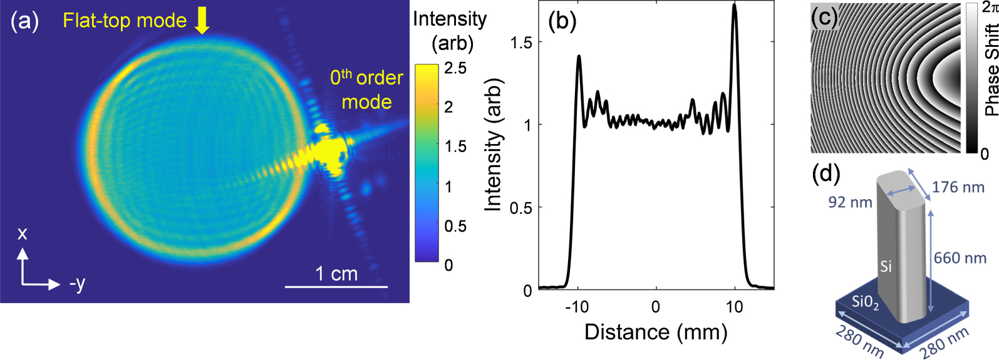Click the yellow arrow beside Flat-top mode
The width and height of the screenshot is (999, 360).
click(202, 20)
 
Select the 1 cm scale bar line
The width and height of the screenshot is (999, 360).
click(336, 287)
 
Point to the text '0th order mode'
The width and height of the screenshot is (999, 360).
click(366, 90)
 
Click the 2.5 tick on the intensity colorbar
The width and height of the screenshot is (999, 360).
click(455, 68)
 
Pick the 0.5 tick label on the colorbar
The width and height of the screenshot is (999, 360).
click(455, 226)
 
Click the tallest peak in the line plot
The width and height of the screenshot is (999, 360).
click(735, 6)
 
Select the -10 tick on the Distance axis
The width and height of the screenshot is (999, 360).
click(576, 307)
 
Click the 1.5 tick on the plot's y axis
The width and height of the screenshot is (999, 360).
click(521, 43)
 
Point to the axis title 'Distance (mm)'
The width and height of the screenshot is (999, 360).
click(656, 332)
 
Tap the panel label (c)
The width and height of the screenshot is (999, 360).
click(825, 17)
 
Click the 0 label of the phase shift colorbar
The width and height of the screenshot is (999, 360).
click(984, 153)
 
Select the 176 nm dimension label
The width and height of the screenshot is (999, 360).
click(958, 187)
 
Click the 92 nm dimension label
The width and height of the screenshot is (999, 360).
click(850, 202)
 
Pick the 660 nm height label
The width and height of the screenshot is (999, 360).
click(960, 258)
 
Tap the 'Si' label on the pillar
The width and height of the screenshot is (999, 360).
click(886, 267)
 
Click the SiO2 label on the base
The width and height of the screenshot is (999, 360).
click(865, 302)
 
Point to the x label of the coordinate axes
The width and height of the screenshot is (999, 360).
click(23, 234)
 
